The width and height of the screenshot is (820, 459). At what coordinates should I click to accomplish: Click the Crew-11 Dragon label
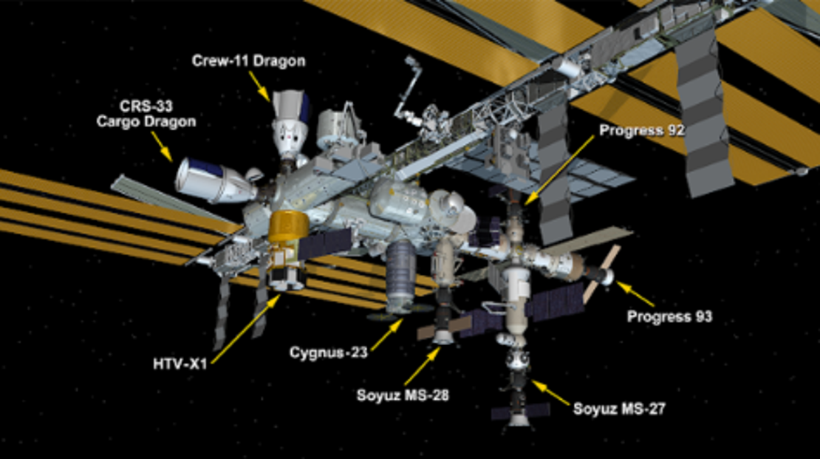point(248,61)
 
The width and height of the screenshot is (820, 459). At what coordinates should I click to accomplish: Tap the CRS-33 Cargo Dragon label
point(146,114)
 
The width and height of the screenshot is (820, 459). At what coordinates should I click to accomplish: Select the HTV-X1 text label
point(180,363)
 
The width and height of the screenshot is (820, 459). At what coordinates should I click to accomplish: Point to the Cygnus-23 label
point(329,353)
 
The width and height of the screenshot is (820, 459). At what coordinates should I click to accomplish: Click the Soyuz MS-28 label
point(403,395)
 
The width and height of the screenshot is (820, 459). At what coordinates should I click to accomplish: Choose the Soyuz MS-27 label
point(619,409)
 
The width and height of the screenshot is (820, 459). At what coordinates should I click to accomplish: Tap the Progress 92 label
point(642,130)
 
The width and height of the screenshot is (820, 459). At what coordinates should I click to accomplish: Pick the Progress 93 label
point(669,316)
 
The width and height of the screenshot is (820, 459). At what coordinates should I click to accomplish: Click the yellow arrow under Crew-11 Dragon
point(259,86)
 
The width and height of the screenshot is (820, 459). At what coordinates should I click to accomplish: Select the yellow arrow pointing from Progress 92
point(559,170)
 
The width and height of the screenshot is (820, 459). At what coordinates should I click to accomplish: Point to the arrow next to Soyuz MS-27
point(550,393)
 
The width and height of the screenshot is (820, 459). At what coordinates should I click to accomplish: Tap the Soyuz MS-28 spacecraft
point(442,319)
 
